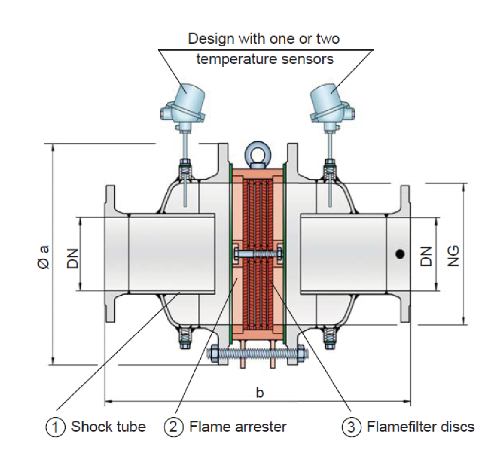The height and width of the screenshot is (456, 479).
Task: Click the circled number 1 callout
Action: pyautogui.click(x=55, y=427)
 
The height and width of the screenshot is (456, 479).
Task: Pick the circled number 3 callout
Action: pyautogui.click(x=351, y=427)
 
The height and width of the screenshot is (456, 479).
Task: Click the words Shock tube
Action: pyautogui.click(x=108, y=427)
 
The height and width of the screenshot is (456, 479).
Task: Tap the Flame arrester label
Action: pyautogui.click(x=238, y=427)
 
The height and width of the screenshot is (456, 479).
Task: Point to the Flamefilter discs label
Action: pyautogui.click(x=420, y=427)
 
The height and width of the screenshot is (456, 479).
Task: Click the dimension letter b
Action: pyautogui.click(x=259, y=393)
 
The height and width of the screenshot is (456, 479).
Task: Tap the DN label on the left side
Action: pyautogui.click(x=72, y=255)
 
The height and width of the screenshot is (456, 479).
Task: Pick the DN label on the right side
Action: pyautogui.click(x=426, y=255)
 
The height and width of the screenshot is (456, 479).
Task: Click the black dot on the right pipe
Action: pyautogui.click(x=399, y=253)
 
